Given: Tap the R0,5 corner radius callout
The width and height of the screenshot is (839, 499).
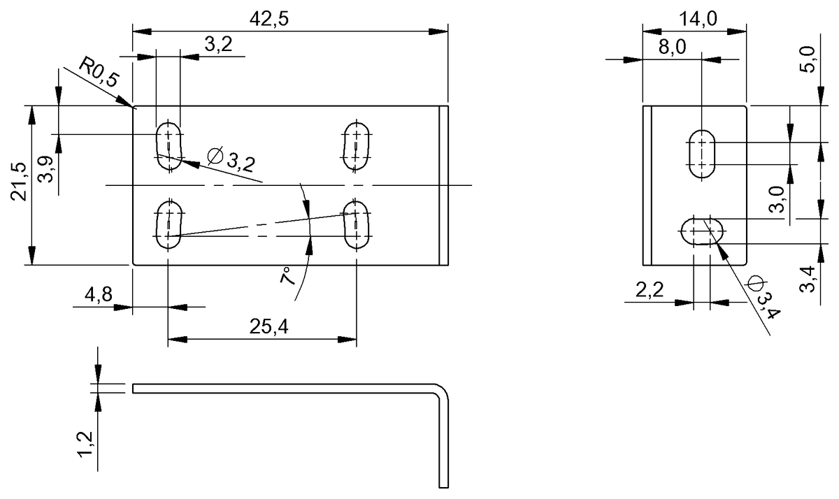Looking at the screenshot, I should (x=99, y=71).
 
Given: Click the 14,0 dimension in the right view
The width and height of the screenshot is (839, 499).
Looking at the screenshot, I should (x=694, y=19).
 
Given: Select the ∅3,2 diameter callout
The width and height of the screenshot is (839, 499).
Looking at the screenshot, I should (x=231, y=159).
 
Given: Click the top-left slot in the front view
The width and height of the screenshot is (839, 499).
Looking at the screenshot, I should (x=168, y=145).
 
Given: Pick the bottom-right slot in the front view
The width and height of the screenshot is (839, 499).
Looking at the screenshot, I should (x=357, y=224).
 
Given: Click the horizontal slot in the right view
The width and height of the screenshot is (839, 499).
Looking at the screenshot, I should (x=702, y=231).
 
